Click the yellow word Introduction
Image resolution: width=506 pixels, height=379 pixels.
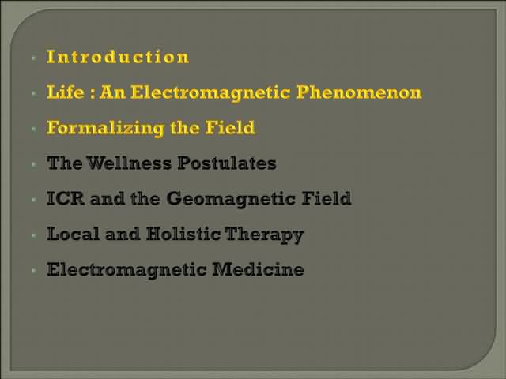pos(118,57)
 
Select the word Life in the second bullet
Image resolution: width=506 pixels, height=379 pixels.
pos(66,92)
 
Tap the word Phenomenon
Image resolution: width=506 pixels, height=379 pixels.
pos(359,93)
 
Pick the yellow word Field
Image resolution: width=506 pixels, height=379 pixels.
pos(230,128)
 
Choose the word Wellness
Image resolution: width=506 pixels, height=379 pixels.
pos(129,163)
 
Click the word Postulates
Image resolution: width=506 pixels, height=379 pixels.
pos(227,163)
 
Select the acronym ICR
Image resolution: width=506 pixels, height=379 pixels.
pos(66,198)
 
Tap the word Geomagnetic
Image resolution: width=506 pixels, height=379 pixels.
pos(231,199)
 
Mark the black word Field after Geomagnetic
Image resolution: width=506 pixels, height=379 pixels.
pos(327,198)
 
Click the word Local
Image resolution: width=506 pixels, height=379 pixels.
pos(73,234)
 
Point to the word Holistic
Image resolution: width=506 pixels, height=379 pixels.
pos(183,234)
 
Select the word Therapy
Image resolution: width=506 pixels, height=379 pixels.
pos(264,235)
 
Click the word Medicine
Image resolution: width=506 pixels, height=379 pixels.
pos(258,269)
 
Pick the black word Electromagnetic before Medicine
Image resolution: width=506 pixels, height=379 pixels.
pos(126,270)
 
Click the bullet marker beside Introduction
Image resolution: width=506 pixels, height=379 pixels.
pos(34,58)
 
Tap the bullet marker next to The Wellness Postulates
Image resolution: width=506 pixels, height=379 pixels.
pos(34,164)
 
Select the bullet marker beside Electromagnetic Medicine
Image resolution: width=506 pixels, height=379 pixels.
pos(34,271)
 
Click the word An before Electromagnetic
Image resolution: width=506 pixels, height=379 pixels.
pos(112,92)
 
